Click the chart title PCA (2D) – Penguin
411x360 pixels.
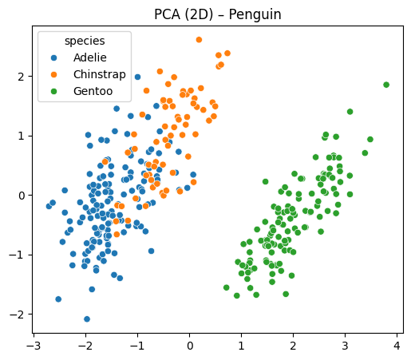pos(217,14)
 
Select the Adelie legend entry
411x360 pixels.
pos(89,57)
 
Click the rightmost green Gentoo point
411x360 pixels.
pos(386,85)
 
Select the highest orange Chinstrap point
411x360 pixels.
pos(199,39)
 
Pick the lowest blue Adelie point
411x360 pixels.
pos(87,319)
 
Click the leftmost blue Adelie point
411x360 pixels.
pos(49,206)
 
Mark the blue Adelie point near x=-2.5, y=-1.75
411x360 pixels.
pos(58,299)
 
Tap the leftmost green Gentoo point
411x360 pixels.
pos(226,287)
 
